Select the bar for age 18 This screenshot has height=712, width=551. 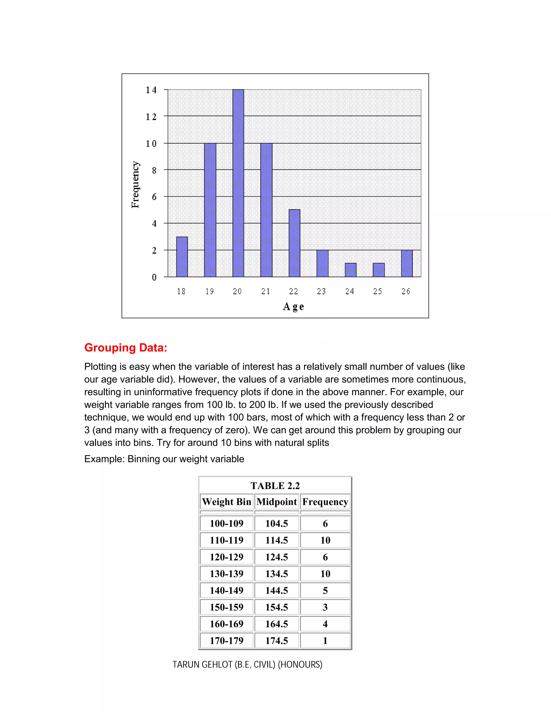182,257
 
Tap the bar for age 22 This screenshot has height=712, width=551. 294,243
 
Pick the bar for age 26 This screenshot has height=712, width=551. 407,263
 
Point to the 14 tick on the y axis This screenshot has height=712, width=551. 151,90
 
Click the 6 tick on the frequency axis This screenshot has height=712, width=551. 154,197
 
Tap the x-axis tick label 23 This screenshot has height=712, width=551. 322,292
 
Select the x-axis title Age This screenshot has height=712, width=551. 294,307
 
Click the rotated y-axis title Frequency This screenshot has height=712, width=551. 135,185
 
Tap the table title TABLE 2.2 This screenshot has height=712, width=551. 275,486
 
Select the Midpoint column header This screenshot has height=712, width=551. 277,502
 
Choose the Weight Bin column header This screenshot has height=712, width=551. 227,502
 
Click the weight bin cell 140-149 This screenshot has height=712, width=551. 227,590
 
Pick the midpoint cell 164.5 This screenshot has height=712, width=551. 277,624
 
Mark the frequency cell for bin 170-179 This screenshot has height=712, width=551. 325,641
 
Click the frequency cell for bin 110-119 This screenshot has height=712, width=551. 325,540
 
